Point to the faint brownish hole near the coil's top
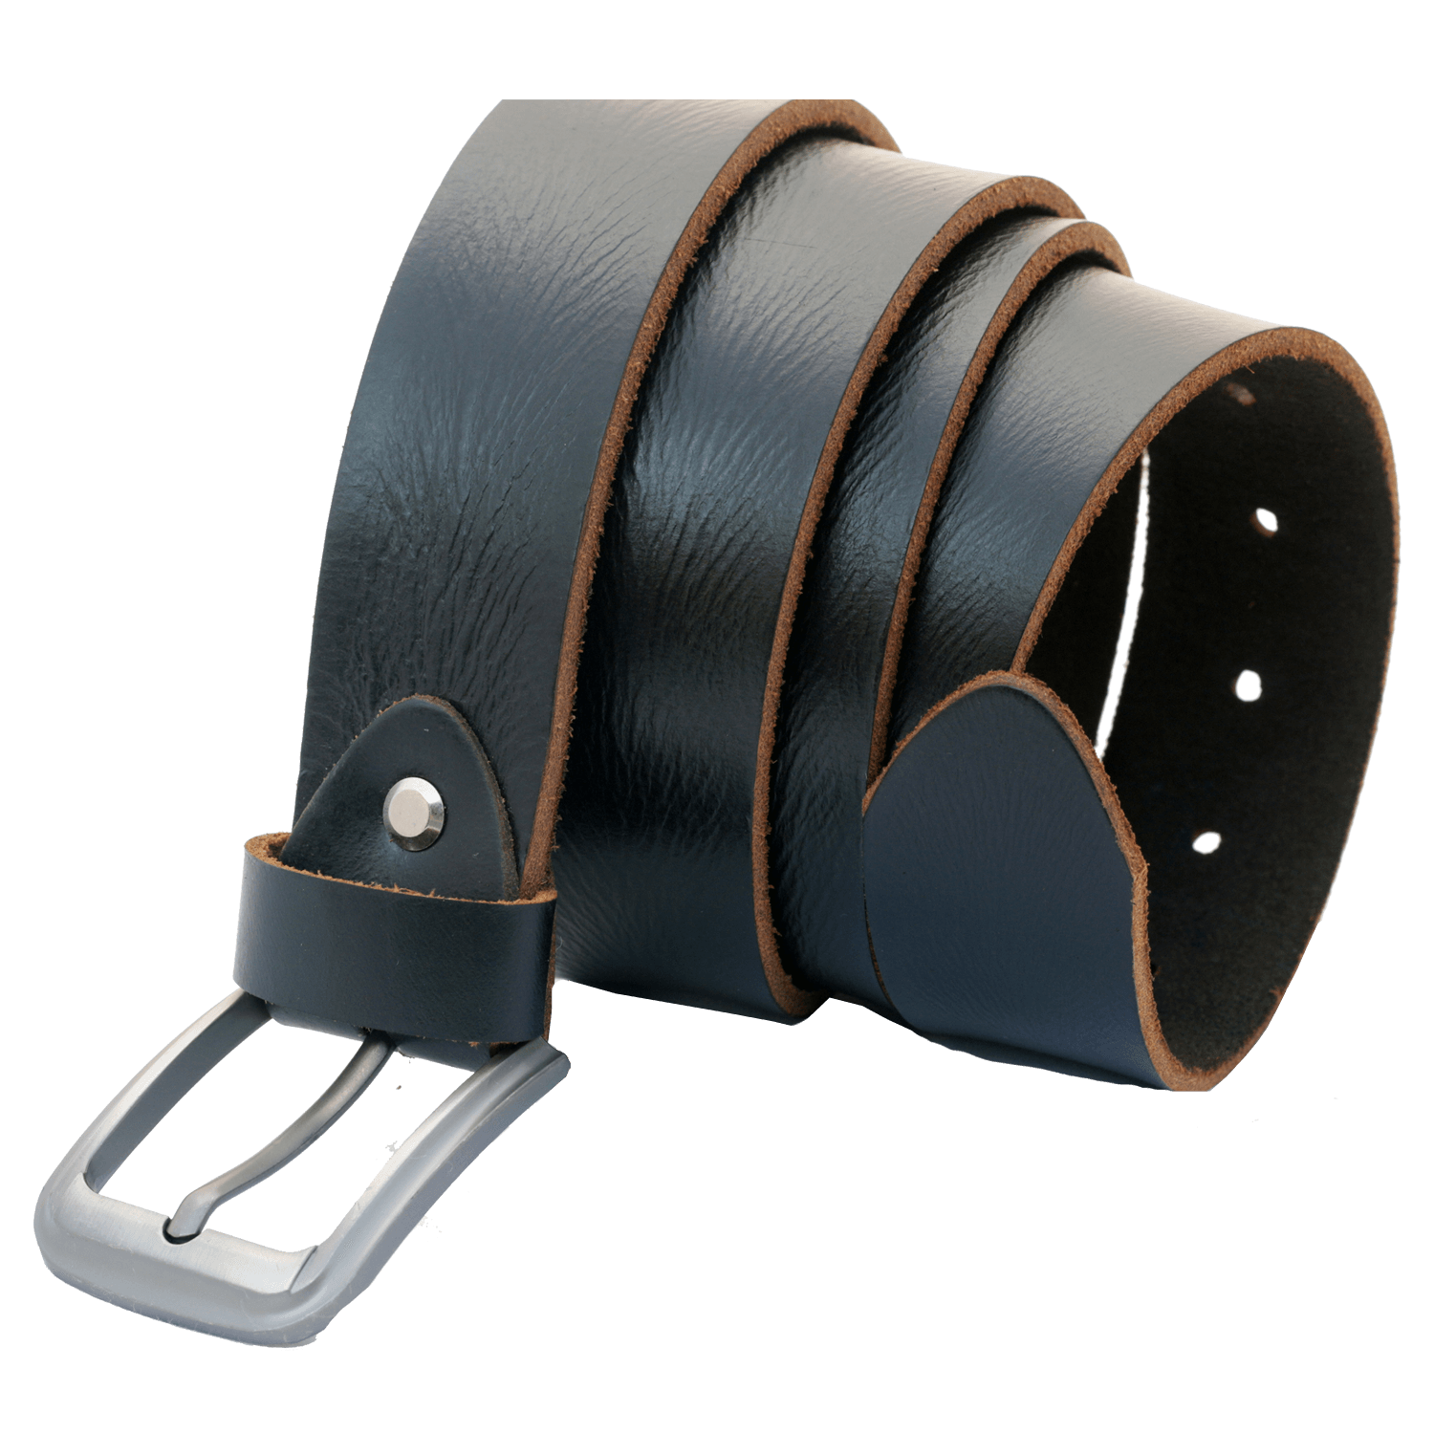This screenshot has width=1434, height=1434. (x=1243, y=394)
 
